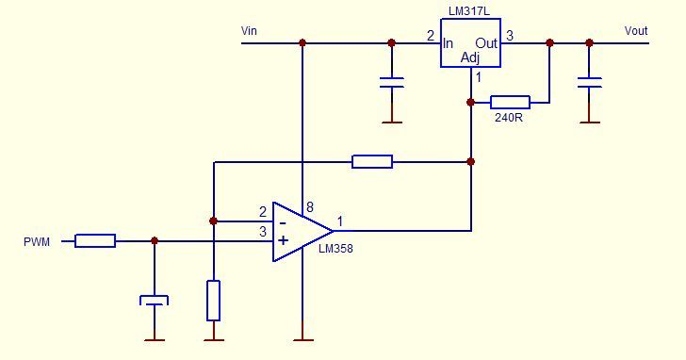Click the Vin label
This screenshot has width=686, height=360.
249,31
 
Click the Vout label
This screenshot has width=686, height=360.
636,31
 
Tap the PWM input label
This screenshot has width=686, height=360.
37,242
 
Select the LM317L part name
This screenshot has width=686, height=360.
469,11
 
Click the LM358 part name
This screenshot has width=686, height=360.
335,249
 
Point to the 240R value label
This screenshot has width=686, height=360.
509,117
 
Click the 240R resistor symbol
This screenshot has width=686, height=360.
510,103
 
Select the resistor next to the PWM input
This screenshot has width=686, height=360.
95,241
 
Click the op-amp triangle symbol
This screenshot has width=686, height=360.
302,232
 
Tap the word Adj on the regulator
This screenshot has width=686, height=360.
470,57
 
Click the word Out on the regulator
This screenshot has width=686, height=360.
486,43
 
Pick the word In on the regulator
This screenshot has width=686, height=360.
448,43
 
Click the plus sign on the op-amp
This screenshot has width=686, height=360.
284,240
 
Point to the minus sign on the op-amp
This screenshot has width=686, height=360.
283,223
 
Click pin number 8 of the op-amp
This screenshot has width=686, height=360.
310,207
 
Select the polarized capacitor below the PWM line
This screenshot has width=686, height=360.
154,301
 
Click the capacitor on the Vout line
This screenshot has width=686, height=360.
589,83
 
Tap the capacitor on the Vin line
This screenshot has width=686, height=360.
392,83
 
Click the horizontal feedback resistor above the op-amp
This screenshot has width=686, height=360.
372,162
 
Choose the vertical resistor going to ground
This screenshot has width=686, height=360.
213,301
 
